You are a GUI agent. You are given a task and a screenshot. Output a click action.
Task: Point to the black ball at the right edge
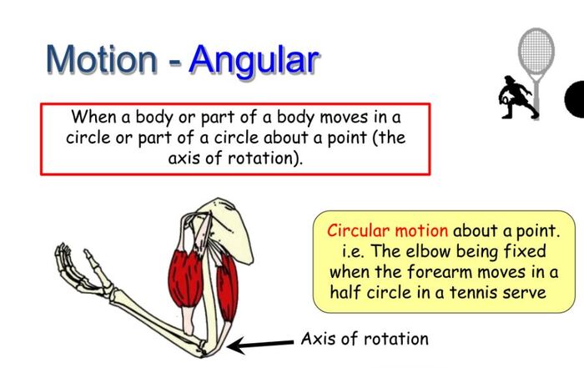[x=575, y=101]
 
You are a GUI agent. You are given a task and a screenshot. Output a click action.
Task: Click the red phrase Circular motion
[x=387, y=229]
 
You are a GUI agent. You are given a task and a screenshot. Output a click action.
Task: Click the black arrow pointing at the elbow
[x=259, y=344]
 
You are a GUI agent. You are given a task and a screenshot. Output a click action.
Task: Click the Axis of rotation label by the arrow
[x=365, y=339]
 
